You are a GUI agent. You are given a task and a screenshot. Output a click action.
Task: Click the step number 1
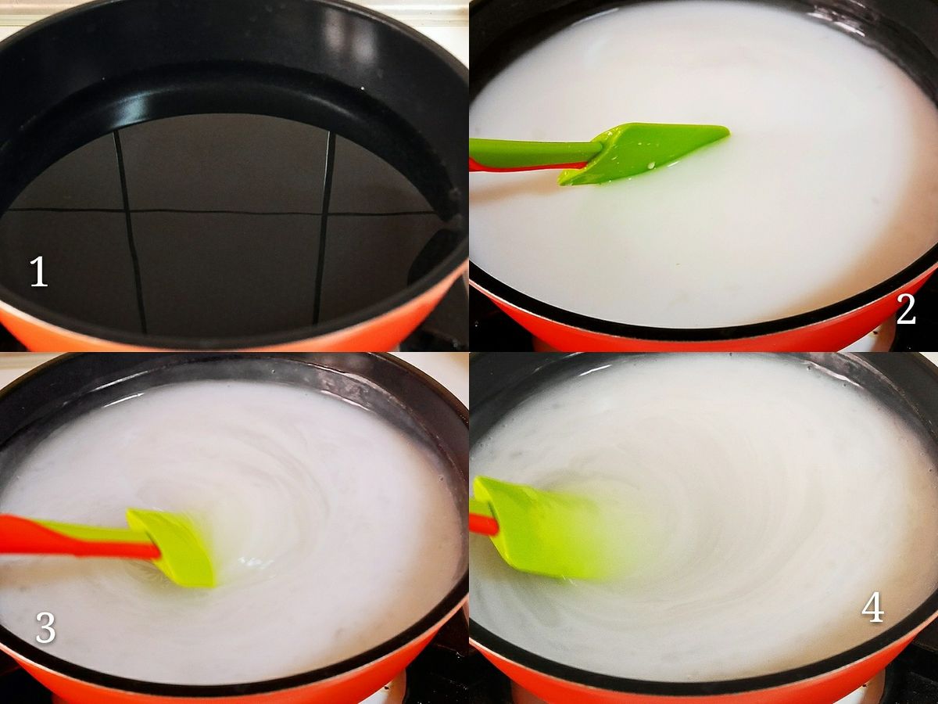pos(39,272)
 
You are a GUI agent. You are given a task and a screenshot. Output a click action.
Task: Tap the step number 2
pos(905,309)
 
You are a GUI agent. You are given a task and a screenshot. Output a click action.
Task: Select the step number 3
pos(45,627)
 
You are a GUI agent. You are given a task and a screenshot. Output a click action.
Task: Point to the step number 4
pos(872,609)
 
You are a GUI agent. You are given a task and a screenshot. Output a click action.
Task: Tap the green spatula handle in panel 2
pos(534,150)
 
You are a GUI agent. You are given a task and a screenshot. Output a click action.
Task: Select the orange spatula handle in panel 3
pos(77,537)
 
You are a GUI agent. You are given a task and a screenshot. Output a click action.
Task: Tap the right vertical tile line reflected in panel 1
pos(323,227)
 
